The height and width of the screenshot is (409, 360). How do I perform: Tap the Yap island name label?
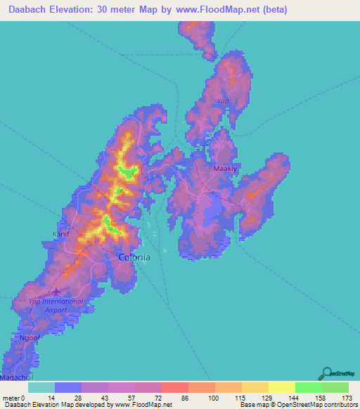pyautogui.click(x=223, y=101)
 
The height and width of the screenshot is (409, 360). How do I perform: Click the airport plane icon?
pyautogui.click(x=57, y=291)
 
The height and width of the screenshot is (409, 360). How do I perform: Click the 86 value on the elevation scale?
pyautogui.click(x=184, y=398)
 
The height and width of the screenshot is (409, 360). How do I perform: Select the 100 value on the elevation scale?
pyautogui.click(x=210, y=398)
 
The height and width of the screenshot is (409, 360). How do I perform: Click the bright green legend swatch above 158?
pyautogui.click(x=309, y=387)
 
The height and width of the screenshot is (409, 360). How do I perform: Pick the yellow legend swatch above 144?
pyautogui.click(x=282, y=387)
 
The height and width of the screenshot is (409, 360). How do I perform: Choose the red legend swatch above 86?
pyautogui.click(x=175, y=387)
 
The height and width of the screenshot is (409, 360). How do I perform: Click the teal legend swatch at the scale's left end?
pyautogui.click(x=41, y=387)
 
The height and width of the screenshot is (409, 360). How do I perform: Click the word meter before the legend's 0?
pyautogui.click(x=11, y=398)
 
